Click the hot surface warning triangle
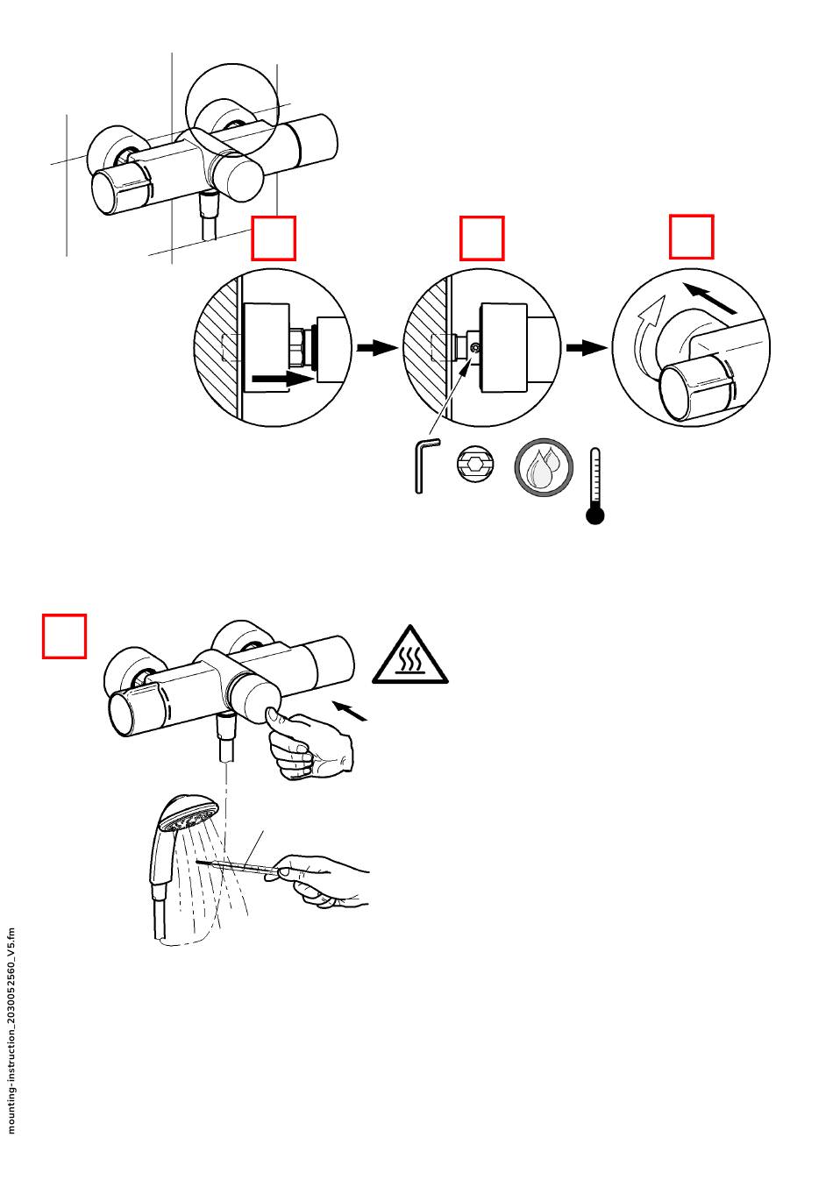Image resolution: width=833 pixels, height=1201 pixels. [x=409, y=657]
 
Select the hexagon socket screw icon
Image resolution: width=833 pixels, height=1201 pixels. [x=475, y=465]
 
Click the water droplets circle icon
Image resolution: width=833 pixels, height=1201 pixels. [x=544, y=467]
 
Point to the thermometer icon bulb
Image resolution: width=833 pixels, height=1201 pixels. [x=595, y=515]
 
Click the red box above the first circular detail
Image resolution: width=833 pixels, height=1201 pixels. [x=274, y=238]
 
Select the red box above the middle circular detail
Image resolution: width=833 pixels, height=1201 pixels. [x=482, y=238]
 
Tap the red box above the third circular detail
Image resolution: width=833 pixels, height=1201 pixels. [x=691, y=237]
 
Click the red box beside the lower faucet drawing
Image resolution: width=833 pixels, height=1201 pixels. [x=65, y=636]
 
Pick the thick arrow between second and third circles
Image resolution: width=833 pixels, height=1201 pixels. [x=587, y=348]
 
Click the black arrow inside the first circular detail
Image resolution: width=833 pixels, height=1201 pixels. [x=281, y=380]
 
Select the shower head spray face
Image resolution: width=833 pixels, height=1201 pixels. [x=189, y=820]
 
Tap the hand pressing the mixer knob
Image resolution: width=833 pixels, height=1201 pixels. [x=309, y=745]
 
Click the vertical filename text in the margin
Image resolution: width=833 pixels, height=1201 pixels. [x=12, y=1030]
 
